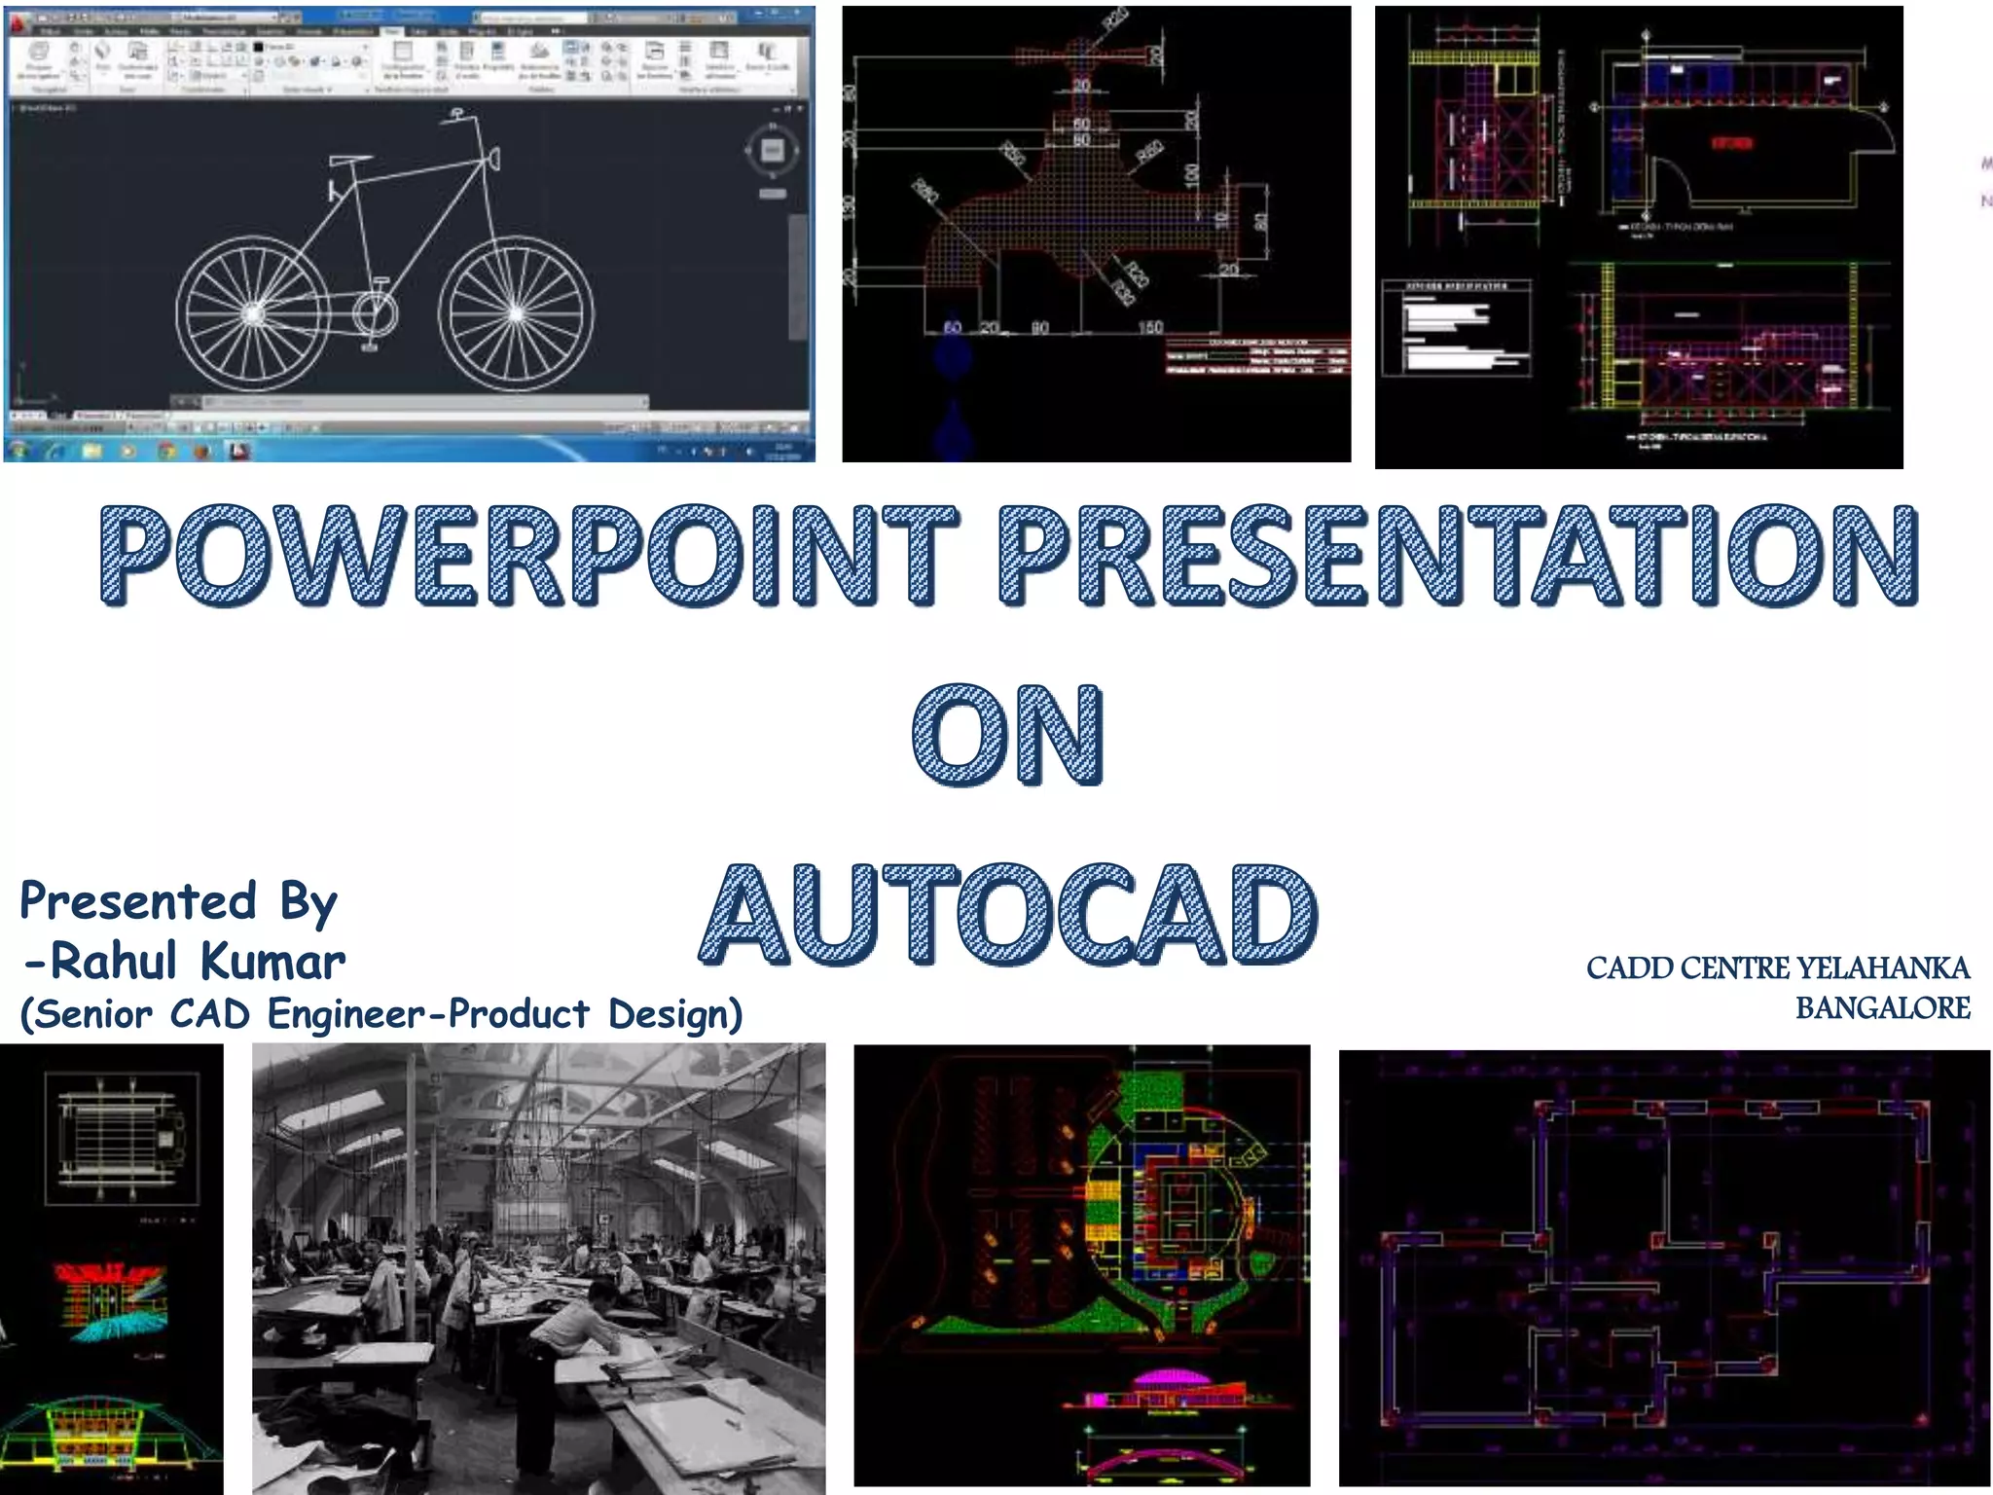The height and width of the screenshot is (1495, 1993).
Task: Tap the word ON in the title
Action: [1008, 734]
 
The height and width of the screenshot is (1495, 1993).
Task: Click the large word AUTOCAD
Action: [1008, 915]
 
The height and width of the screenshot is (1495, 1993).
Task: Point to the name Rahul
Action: [113, 962]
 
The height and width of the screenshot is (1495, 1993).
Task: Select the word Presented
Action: [138, 901]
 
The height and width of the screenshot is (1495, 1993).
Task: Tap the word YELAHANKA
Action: [1883, 967]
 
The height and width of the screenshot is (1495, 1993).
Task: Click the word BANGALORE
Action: [1882, 1008]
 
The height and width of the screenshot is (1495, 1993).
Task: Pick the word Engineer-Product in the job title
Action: [428, 1014]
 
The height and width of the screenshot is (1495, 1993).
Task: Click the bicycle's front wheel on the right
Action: [516, 313]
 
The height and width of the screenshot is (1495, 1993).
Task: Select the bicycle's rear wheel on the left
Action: [252, 313]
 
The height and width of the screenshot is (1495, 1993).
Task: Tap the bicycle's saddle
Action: [350, 160]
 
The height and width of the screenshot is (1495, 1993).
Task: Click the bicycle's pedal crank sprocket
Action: [374, 313]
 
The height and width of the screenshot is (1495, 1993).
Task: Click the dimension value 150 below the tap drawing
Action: [1150, 327]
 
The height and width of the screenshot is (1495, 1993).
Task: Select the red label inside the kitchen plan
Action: [1731, 144]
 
